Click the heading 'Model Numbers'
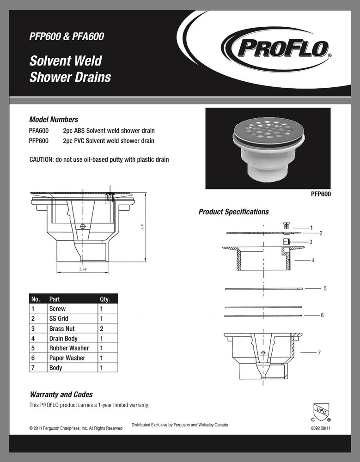(x=54, y=119)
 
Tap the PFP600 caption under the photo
(x=320, y=195)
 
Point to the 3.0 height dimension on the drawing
(x=143, y=227)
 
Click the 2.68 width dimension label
(x=84, y=269)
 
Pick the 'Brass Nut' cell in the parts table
(x=62, y=329)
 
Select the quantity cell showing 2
(x=101, y=329)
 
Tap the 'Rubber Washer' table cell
(x=69, y=348)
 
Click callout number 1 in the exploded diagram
(x=311, y=228)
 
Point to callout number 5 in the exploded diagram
(x=325, y=288)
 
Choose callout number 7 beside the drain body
(x=319, y=353)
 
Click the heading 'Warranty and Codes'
(x=61, y=395)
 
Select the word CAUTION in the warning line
(x=42, y=160)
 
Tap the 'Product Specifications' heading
(x=233, y=212)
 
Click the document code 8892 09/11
(x=320, y=428)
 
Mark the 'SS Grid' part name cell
(x=59, y=319)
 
